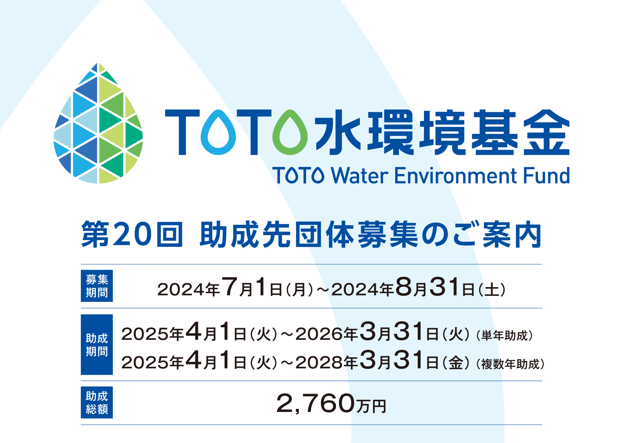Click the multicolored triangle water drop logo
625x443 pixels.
(x=98, y=123)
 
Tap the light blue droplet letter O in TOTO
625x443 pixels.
(x=218, y=132)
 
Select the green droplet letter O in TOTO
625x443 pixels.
(x=290, y=132)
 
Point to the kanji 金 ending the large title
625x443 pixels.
(x=546, y=132)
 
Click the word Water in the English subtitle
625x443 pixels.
(x=360, y=176)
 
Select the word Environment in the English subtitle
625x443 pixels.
(x=456, y=176)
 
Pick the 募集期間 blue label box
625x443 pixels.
(x=97, y=286)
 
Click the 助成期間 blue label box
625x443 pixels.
(x=97, y=344)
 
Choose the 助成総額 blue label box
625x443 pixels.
(x=97, y=402)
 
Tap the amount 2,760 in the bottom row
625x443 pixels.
(x=315, y=404)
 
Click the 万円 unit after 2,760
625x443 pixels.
(x=371, y=406)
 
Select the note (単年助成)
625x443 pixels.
(x=504, y=336)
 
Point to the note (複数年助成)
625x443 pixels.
(x=510, y=364)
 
